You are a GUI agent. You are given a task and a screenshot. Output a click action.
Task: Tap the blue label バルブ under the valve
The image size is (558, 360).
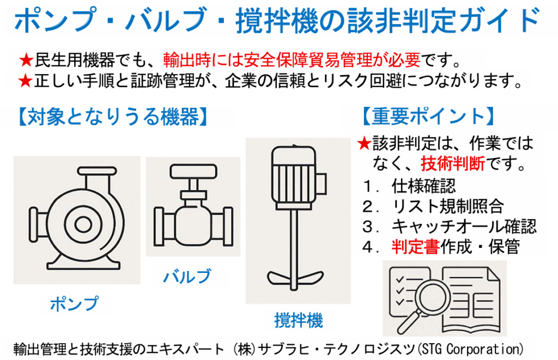pos(187,276)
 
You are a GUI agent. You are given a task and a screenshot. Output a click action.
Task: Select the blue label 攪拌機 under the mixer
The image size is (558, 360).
pos(299,320)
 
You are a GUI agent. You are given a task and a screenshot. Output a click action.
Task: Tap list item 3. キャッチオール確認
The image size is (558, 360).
pos(449,227)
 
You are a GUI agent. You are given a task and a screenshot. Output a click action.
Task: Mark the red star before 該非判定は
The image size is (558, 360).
pos(364,143)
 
